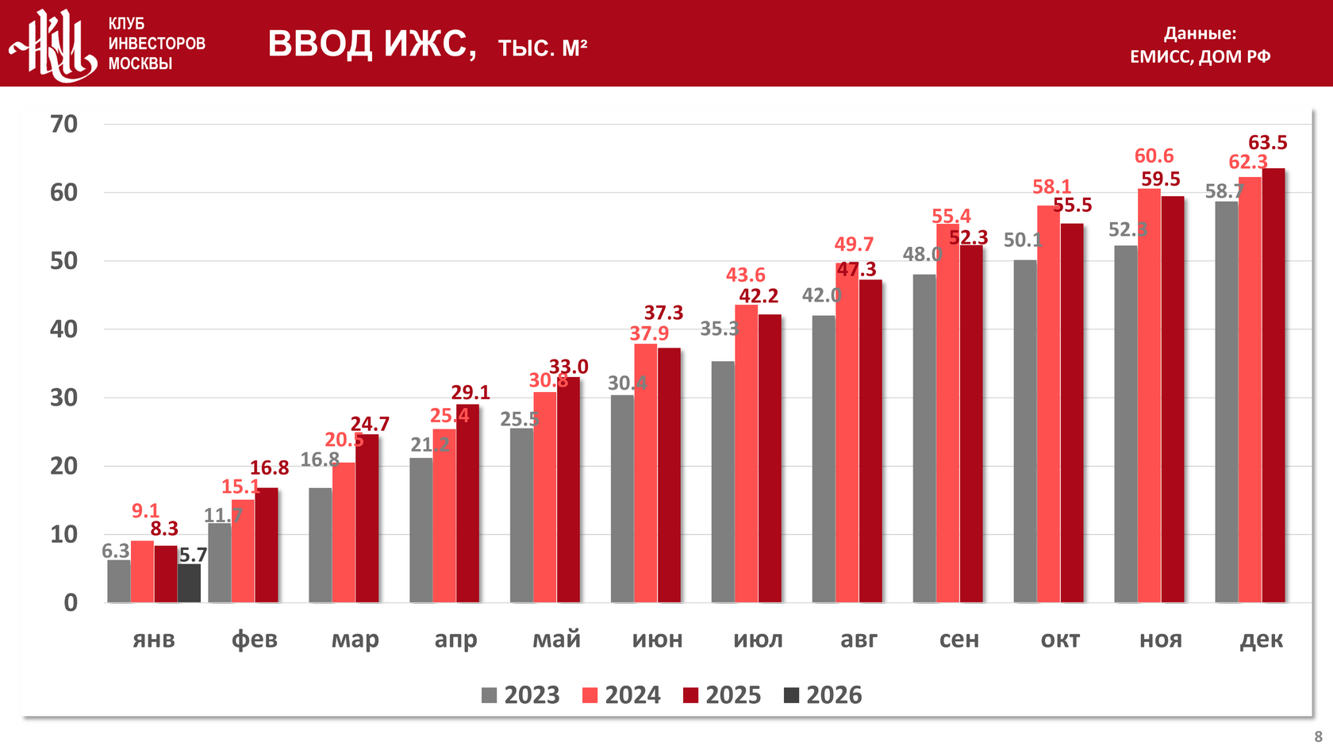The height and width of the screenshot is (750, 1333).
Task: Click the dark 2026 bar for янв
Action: (189, 583)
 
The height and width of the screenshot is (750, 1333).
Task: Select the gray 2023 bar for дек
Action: (1226, 402)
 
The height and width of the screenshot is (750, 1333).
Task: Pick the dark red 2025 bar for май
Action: (568, 490)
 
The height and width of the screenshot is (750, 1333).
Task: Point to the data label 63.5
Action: (1267, 143)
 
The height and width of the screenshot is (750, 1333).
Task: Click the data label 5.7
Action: (193, 555)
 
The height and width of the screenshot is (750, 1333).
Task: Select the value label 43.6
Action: (745, 275)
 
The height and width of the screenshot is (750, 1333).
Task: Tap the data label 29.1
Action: (471, 392)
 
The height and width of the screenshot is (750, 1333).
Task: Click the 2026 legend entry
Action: (823, 695)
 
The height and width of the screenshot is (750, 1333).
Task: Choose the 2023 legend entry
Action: (521, 695)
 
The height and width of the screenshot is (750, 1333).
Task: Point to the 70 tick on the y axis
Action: (64, 124)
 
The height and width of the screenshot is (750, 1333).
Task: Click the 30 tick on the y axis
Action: (64, 398)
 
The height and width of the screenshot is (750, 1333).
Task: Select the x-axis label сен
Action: (959, 640)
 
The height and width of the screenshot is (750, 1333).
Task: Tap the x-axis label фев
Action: (255, 640)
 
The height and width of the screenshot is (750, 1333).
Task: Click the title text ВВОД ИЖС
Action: (372, 44)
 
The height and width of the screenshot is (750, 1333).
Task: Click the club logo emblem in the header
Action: (53, 44)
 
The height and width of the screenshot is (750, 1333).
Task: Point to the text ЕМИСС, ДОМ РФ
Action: (1200, 56)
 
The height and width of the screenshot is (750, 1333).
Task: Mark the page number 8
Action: (1319, 737)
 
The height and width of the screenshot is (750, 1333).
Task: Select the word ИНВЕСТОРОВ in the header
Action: (156, 44)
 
